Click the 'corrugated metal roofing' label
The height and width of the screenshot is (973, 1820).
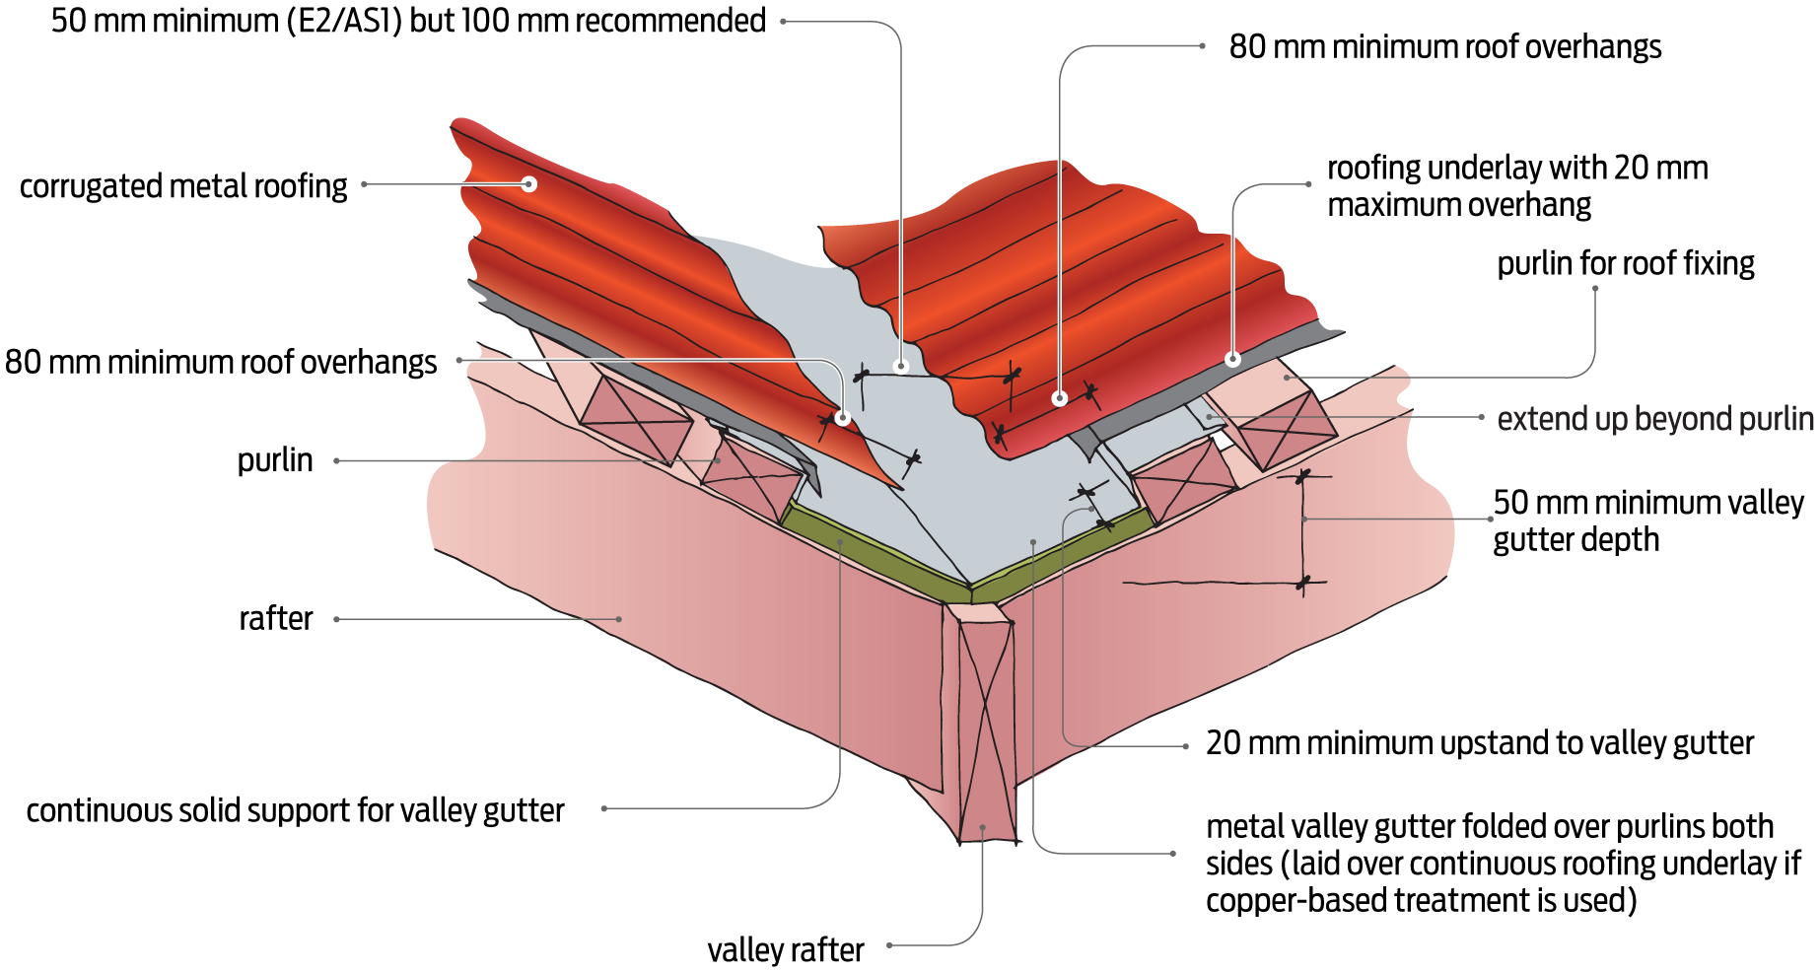click(x=183, y=185)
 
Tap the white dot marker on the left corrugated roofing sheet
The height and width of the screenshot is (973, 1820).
click(x=529, y=183)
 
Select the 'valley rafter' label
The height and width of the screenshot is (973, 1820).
click(x=785, y=949)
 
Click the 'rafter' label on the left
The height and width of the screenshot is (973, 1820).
click(x=275, y=618)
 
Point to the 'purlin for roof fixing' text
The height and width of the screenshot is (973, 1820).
click(x=1625, y=263)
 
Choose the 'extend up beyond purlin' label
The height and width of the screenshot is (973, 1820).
click(x=1654, y=419)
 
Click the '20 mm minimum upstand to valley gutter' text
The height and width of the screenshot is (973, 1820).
click(x=1479, y=742)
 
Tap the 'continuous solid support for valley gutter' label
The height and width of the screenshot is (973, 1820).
click(x=295, y=810)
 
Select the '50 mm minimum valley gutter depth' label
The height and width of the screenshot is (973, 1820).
click(x=1646, y=521)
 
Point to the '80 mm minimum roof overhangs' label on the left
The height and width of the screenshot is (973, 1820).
click(x=221, y=362)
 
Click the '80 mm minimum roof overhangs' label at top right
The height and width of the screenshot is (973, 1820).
click(x=1444, y=46)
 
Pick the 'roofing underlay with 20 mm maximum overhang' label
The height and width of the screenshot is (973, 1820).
click(x=1516, y=185)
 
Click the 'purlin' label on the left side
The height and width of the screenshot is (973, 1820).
click(x=275, y=460)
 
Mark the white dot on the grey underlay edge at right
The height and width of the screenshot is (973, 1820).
click(x=1232, y=359)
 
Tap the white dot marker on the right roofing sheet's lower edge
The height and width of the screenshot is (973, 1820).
click(x=1059, y=398)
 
